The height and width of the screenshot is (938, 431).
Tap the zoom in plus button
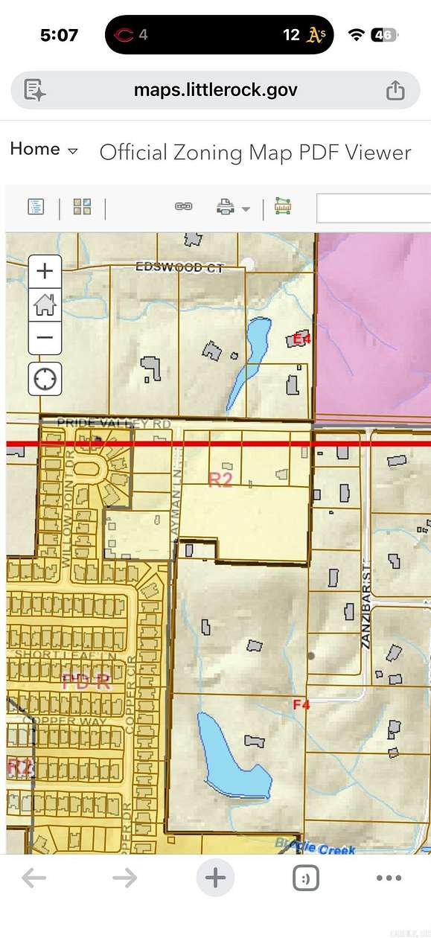click(x=45, y=270)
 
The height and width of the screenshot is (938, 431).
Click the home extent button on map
click(x=45, y=304)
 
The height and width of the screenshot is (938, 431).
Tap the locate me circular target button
click(x=45, y=379)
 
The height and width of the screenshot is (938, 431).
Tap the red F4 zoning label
click(x=301, y=704)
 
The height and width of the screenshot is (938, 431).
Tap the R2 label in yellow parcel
click(x=220, y=479)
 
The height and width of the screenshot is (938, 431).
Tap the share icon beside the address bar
click(x=395, y=90)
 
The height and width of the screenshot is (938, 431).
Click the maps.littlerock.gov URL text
click(x=215, y=90)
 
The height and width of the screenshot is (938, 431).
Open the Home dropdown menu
click(x=43, y=149)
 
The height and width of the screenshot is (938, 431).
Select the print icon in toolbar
click(x=226, y=207)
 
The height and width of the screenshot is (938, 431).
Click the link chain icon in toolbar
click(x=183, y=206)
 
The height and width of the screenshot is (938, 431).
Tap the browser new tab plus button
click(x=215, y=878)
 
